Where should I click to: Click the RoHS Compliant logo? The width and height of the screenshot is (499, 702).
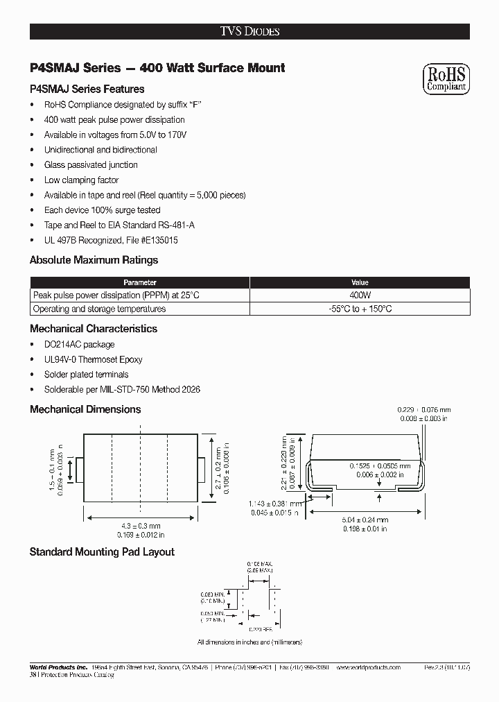coord(446,79)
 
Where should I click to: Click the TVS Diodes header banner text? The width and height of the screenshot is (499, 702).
coord(249,31)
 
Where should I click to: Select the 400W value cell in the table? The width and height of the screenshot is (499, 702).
coord(360,296)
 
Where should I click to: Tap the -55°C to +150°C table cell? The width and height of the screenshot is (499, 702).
coord(360,309)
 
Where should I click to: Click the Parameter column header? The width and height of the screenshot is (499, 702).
coord(139,282)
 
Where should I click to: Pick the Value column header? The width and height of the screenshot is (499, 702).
coord(360,282)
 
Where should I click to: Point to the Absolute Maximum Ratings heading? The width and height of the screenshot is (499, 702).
coord(94,260)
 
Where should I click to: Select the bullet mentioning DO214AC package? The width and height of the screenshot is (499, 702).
coord(79,345)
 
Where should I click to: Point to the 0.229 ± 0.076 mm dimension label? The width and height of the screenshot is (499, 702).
coord(423,411)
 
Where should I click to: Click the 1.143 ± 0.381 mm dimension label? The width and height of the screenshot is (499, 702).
coord(274,504)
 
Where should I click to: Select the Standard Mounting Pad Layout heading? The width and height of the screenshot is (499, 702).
coord(102,552)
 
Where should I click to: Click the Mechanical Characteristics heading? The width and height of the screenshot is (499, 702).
coord(94,329)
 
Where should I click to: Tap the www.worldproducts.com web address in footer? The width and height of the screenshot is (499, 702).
coord(367,667)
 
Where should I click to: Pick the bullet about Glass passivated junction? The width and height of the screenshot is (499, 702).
coord(91,165)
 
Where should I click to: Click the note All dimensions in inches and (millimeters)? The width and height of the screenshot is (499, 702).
coord(249,642)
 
